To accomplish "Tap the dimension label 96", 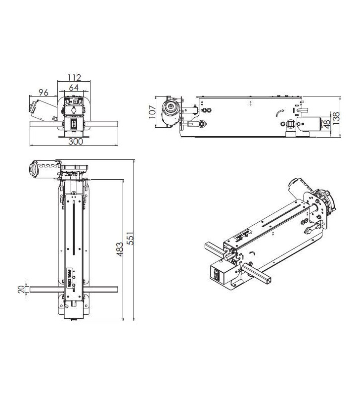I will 43,92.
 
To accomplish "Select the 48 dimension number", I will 327,123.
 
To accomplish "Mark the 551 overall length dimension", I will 130,240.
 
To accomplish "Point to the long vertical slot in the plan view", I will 74,227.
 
